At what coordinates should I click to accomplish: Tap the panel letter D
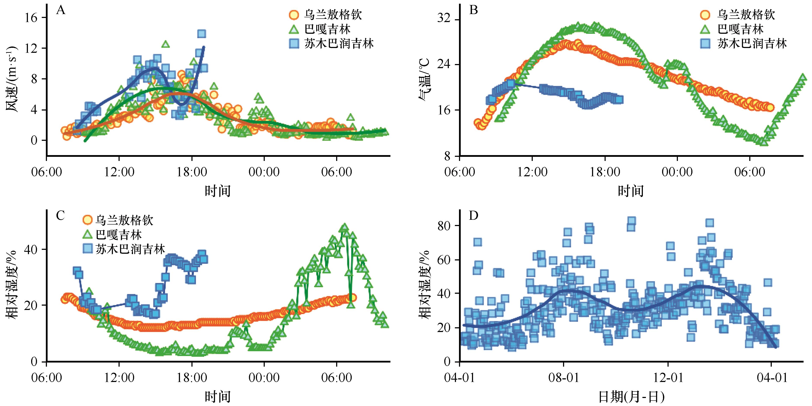[474, 216]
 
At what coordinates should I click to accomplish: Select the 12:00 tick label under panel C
[119, 377]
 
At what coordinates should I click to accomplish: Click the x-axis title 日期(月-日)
[631, 397]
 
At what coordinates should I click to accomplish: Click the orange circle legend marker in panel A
[294, 14]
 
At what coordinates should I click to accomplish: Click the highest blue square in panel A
[202, 34]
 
